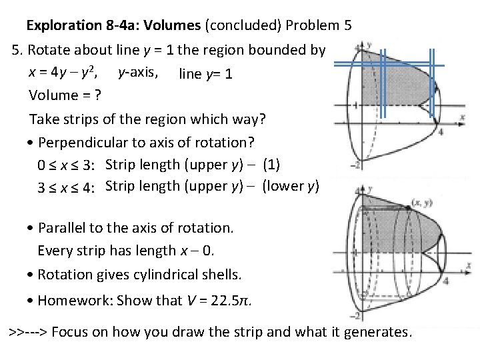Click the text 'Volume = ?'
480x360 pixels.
tap(65, 95)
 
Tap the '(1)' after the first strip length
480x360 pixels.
tap(272, 164)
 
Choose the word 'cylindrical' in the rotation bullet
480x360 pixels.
tap(173, 275)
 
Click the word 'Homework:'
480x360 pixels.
tap(75, 300)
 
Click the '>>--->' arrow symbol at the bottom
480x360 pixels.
tap(27, 331)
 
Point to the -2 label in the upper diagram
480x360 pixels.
tap(357, 164)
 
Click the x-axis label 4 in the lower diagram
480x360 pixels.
tap(445, 281)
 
